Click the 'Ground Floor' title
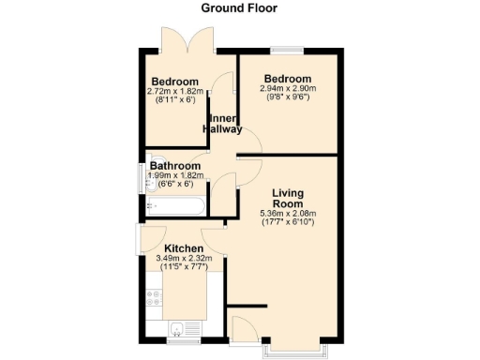pyautogui.click(x=240, y=8)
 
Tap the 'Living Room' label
pyautogui.click(x=288, y=199)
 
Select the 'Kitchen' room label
pyautogui.click(x=185, y=248)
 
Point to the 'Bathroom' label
pyautogui.click(x=175, y=166)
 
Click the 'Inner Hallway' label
pyautogui.click(x=224, y=124)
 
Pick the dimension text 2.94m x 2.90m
pyautogui.click(x=288, y=88)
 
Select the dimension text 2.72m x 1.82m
pyautogui.click(x=175, y=92)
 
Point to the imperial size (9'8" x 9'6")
pyautogui.click(x=288, y=97)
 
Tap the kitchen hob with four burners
pyautogui.click(x=154, y=299)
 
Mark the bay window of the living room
pyautogui.click(x=296, y=348)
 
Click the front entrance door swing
pyautogui.click(x=242, y=329)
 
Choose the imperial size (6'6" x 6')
pyautogui.click(x=175, y=184)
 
